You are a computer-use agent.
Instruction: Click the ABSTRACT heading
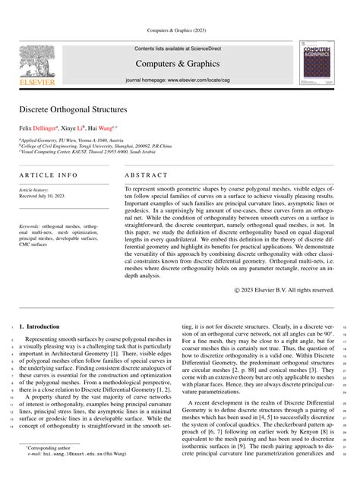point(147,175)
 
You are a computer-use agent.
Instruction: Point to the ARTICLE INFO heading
point(49,175)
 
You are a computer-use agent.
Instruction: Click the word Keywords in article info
point(31,226)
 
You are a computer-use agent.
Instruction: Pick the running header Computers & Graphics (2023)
point(180,30)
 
